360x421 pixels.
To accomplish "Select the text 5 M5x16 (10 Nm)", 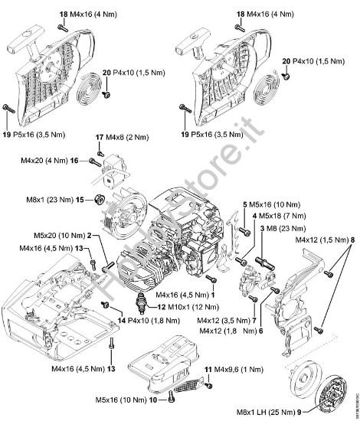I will (x=268, y=206).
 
